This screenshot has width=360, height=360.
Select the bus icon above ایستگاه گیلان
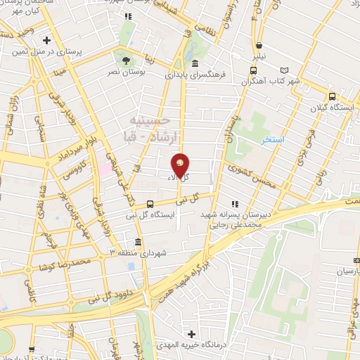tap(332, 97)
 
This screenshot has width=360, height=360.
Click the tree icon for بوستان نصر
tap(126, 60)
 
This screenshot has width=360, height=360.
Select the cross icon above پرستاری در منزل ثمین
tap(46, 40)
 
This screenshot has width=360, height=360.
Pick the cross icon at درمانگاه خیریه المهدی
tap(191, 333)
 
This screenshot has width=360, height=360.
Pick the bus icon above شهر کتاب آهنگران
tap(254, 71)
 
